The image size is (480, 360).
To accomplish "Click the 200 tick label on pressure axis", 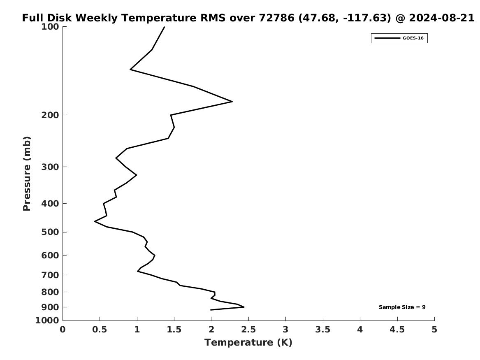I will click(51, 115).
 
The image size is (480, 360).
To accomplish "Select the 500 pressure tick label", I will click(51, 232).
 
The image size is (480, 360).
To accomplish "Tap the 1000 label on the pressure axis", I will click(49, 321).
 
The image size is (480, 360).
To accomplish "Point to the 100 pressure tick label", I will click(51, 27).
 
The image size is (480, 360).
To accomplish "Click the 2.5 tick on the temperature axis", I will click(248, 330).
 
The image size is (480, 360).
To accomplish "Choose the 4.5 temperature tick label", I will click(397, 330).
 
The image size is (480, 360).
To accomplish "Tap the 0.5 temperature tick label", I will click(100, 330).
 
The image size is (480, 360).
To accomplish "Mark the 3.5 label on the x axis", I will click(323, 330).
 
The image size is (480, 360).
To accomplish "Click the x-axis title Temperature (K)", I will click(248, 343).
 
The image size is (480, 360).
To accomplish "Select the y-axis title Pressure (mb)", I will click(27, 174).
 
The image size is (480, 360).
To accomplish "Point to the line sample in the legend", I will click(387, 38).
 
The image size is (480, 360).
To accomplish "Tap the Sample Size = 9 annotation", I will click(402, 307).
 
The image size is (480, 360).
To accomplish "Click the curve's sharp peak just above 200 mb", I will click(232, 101).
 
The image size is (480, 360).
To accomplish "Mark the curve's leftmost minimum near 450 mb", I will click(95, 221).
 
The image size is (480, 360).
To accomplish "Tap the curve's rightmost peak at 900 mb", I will click(244, 307).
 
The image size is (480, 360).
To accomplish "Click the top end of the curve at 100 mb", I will click(165, 27).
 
